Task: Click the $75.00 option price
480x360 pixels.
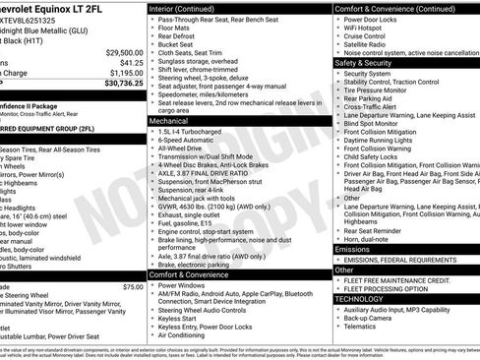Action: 133,286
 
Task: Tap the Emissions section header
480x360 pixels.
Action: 353,250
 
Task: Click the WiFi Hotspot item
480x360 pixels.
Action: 369,30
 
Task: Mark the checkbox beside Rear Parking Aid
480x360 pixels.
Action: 337,96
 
